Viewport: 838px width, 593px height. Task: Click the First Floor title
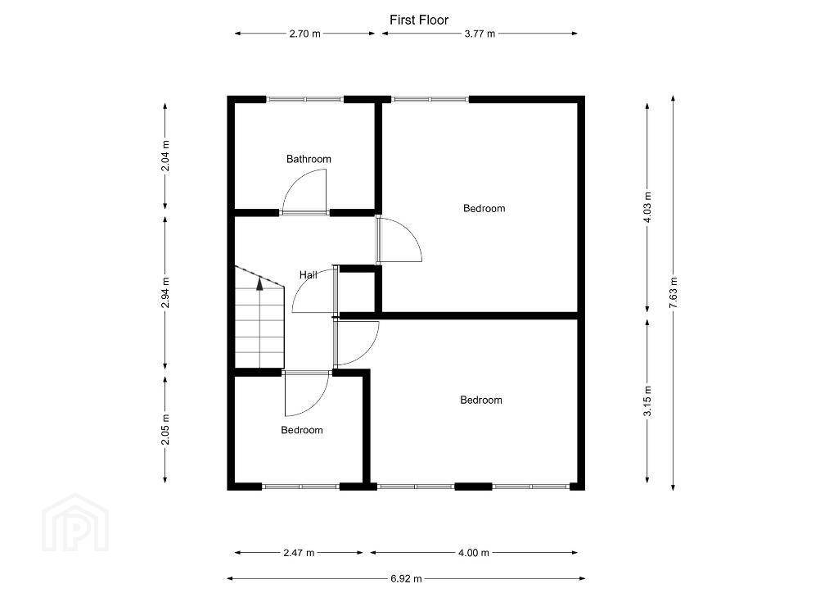pyautogui.click(x=418, y=20)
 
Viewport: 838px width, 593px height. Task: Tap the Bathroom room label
pyautogui.click(x=309, y=159)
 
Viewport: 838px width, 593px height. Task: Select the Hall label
pyautogui.click(x=308, y=275)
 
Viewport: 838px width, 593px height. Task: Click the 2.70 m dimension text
pyautogui.click(x=304, y=34)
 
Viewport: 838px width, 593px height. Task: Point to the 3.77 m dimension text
pyautogui.click(x=480, y=34)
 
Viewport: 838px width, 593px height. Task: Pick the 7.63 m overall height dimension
pyautogui.click(x=674, y=292)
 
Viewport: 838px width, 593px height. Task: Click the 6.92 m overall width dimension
pyautogui.click(x=406, y=578)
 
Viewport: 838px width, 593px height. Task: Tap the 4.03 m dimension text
pyautogui.click(x=648, y=208)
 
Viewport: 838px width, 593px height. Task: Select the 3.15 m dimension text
pyautogui.click(x=648, y=401)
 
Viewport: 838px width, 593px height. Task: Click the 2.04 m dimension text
pyautogui.click(x=165, y=156)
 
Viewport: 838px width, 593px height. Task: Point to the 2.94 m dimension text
pyautogui.click(x=165, y=292)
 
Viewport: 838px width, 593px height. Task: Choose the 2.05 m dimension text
pyautogui.click(x=165, y=429)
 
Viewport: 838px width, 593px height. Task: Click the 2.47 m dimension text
pyautogui.click(x=299, y=553)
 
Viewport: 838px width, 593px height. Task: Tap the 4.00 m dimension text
pyautogui.click(x=474, y=553)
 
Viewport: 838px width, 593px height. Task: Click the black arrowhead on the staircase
pyautogui.click(x=259, y=284)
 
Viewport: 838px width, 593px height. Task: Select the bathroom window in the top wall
pyautogui.click(x=304, y=99)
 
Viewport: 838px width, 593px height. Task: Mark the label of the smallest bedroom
pyautogui.click(x=302, y=430)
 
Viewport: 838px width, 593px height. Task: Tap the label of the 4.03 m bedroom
pyautogui.click(x=484, y=209)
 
